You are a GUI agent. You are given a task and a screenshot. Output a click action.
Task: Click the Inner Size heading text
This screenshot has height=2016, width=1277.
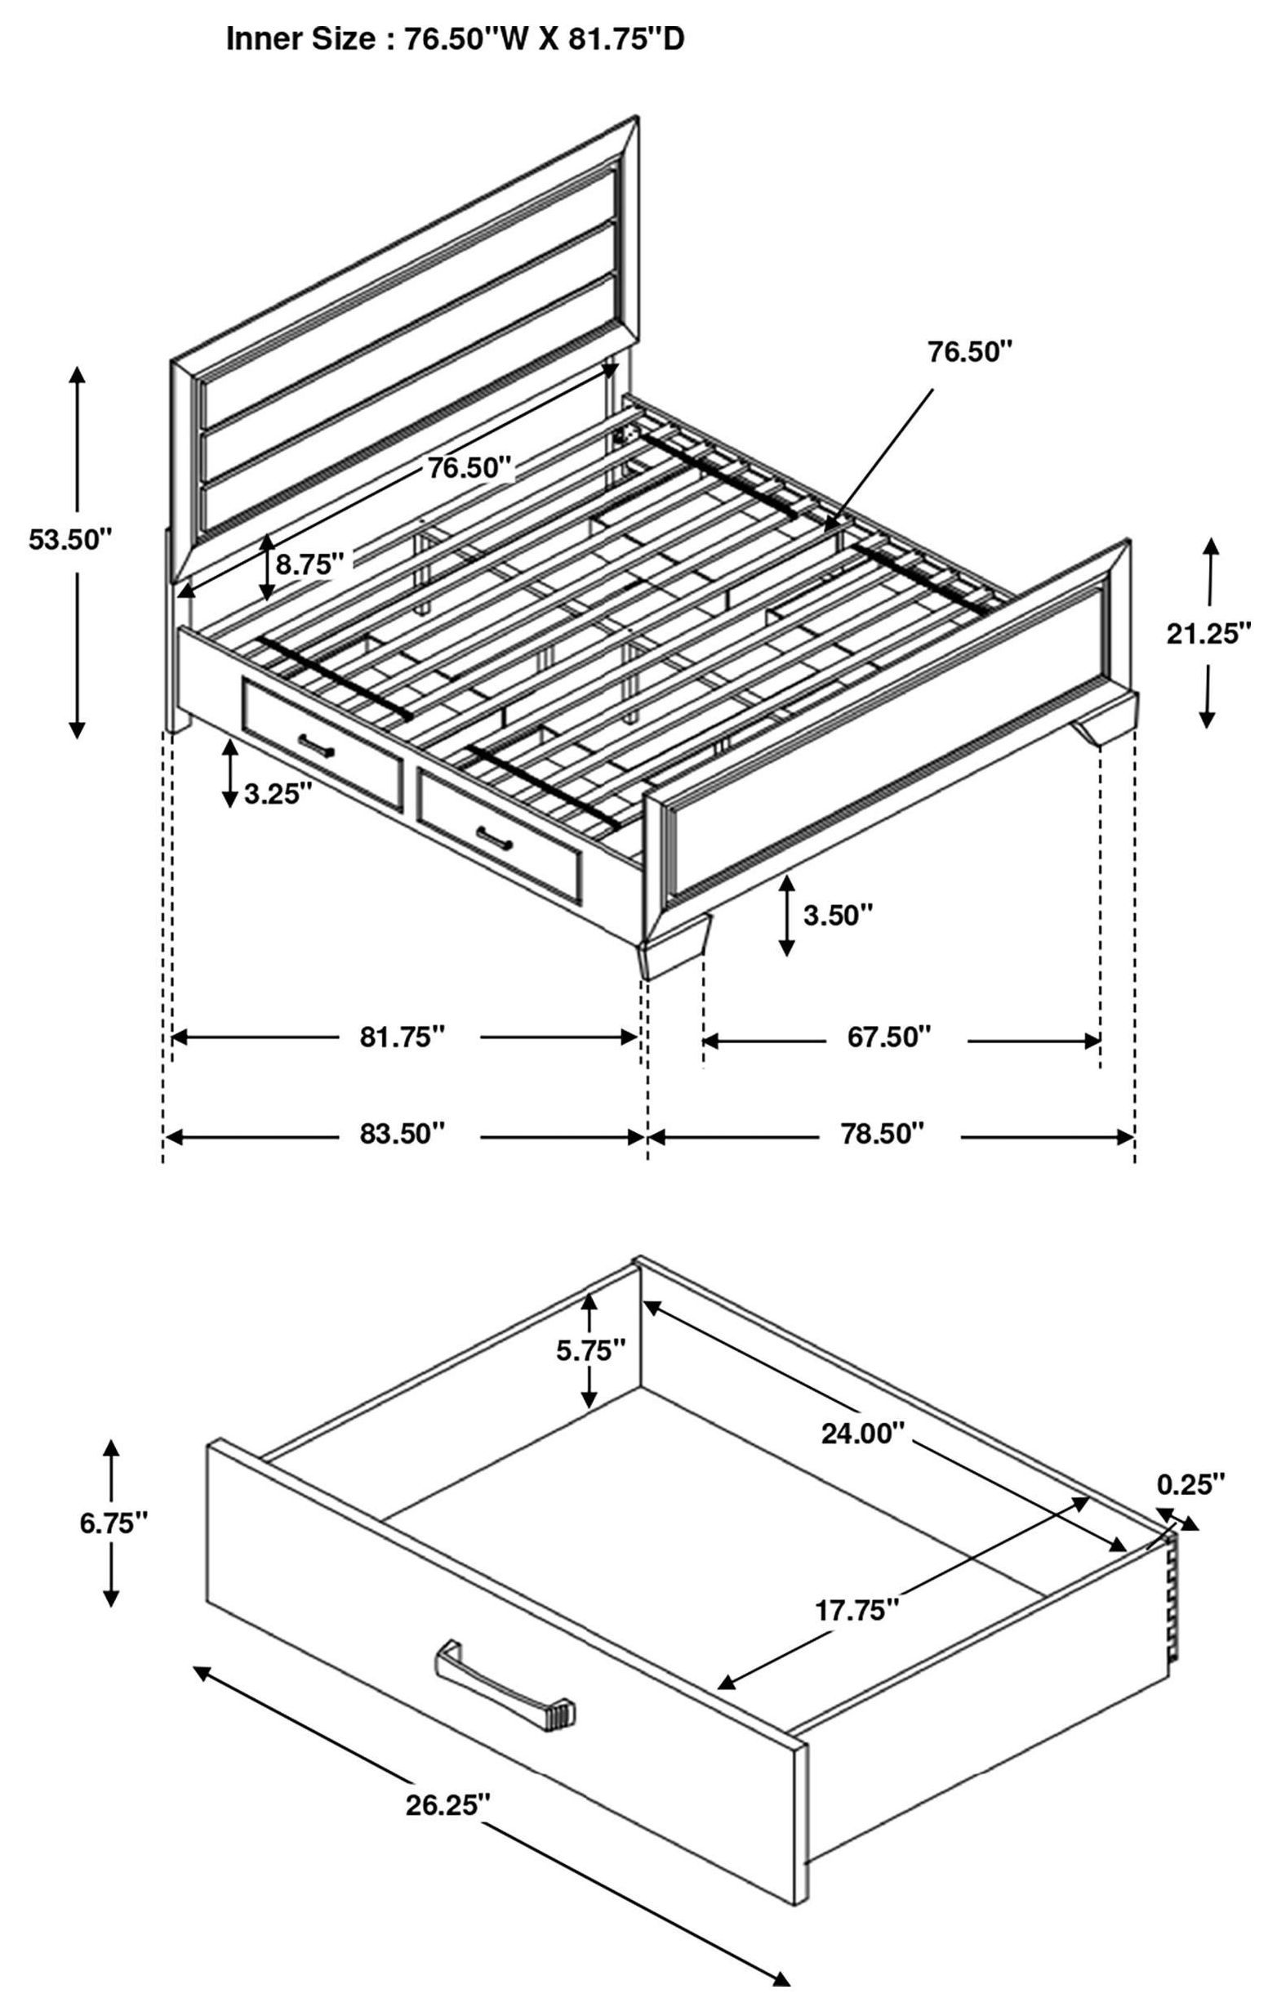point(455,39)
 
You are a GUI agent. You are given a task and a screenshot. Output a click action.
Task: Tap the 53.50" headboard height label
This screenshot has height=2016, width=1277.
point(69,538)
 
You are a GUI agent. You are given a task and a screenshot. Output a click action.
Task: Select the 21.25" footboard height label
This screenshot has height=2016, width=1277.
point(1208,633)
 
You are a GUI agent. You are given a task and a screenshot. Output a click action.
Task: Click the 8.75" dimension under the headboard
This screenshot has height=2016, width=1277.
point(310,564)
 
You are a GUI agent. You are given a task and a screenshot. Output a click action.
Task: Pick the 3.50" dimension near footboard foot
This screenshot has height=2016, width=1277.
point(838,915)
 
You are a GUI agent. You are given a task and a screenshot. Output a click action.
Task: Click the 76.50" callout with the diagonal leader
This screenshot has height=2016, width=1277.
point(969,352)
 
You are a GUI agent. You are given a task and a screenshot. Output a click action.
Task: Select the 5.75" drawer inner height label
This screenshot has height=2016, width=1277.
point(591,1349)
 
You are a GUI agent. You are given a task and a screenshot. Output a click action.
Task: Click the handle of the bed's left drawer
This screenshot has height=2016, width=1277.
point(317,744)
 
